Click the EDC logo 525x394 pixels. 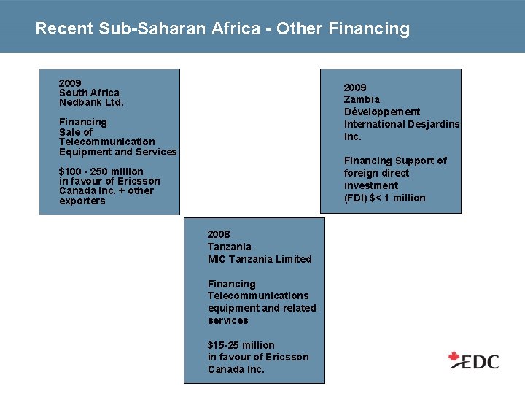[474, 360]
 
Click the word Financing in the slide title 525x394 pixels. [370, 29]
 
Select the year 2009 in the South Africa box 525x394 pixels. [70, 83]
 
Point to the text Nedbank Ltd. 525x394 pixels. [91, 102]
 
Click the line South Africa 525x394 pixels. [89, 93]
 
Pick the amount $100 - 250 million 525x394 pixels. [101, 171]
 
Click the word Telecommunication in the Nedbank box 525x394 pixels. [107, 142]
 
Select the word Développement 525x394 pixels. [382, 112]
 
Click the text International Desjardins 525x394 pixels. [402, 124]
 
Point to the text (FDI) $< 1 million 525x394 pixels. [385, 198]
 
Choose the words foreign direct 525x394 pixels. [377, 173]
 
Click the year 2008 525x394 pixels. [219, 234]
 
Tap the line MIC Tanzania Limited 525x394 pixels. [260, 259]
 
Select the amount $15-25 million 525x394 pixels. [241, 345]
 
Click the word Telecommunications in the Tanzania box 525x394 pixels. [258, 295]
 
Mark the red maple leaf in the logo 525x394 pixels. [455, 358]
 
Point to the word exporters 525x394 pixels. [82, 201]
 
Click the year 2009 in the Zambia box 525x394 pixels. [355, 88]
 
